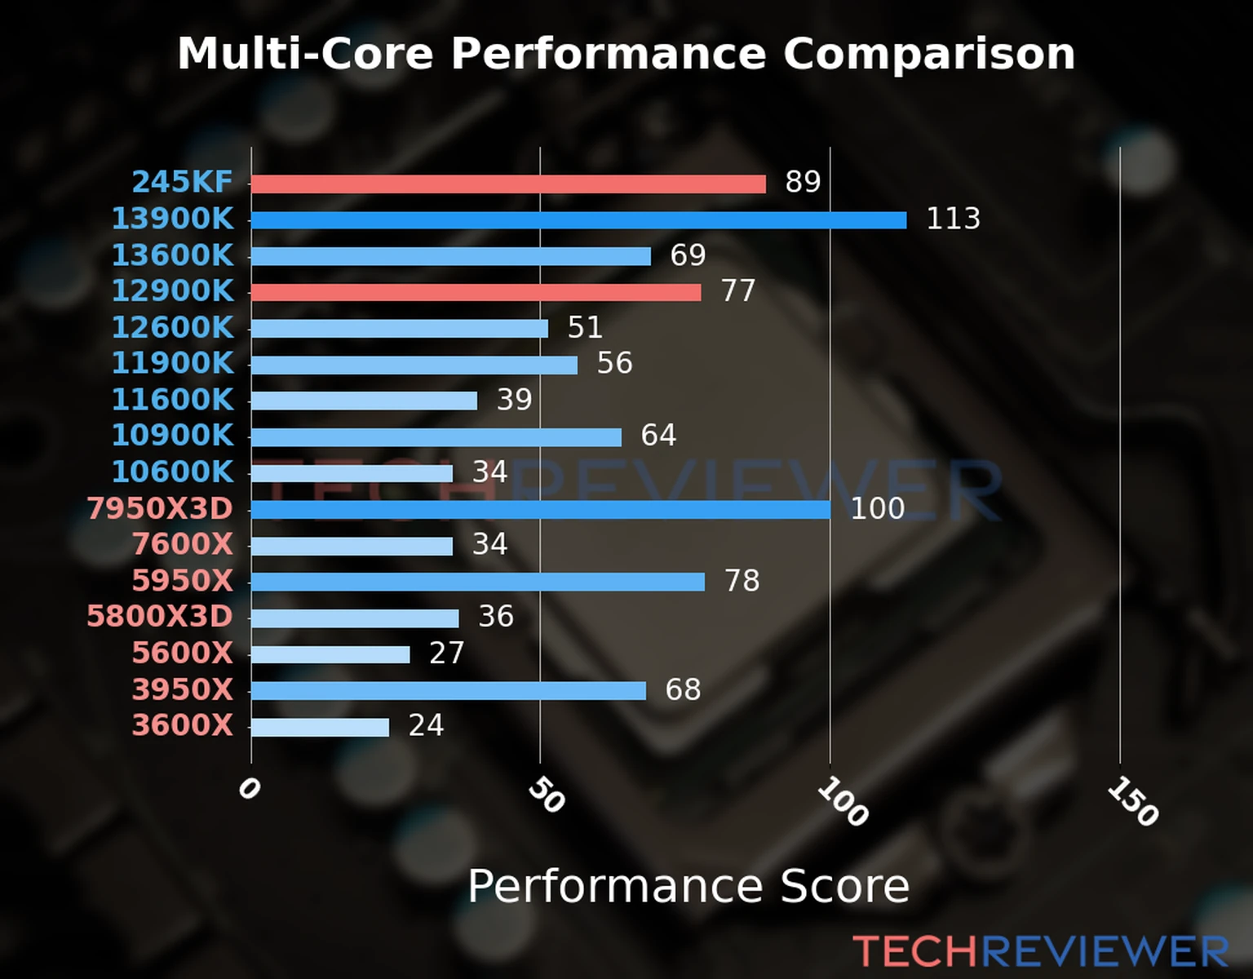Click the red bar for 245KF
pos(508,184)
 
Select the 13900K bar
pos(578,220)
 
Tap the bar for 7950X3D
pos(540,510)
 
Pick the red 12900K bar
pos(476,292)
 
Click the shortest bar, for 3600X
pos(320,727)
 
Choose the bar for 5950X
pos(478,582)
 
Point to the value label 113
pos(953,219)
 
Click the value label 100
pos(877,509)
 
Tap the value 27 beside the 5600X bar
pos(446,653)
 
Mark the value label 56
pos(614,364)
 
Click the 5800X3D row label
pos(160,617)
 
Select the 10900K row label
pos(172,436)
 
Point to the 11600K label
pos(172,400)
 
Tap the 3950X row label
pos(182,690)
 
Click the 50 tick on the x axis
pos(546,795)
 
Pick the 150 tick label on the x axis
pos(1132,801)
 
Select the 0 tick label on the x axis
pos(249,789)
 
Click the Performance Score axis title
pos(688,886)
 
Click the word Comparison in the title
pos(928,54)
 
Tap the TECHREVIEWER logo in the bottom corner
pos(1040,952)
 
